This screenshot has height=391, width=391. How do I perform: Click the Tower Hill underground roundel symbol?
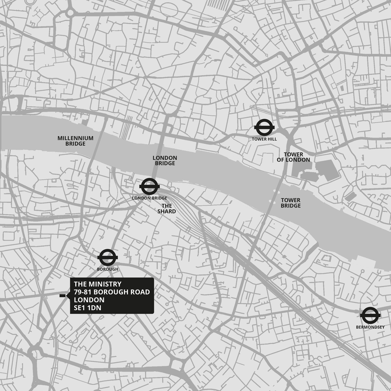click(264, 128)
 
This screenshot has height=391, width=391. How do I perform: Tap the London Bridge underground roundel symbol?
click(149, 187)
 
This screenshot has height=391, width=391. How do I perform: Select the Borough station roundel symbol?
click(107, 258)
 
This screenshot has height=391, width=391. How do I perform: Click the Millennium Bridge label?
click(75, 141)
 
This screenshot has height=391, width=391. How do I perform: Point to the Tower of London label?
click(293, 157)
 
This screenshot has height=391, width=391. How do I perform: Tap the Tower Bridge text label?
click(291, 203)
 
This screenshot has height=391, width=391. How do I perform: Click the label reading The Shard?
click(167, 209)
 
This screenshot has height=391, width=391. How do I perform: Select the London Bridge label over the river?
click(165, 160)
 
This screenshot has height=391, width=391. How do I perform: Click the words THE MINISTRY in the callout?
click(97, 284)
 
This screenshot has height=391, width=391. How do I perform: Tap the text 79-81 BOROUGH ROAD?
click(112, 292)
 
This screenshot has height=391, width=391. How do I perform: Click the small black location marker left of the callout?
click(62, 296)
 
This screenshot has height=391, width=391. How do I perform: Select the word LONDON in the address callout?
click(89, 300)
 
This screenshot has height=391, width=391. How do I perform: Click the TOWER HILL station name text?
click(264, 139)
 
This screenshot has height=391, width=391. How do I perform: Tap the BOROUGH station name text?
click(108, 269)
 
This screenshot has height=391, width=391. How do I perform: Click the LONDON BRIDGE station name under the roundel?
click(149, 198)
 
